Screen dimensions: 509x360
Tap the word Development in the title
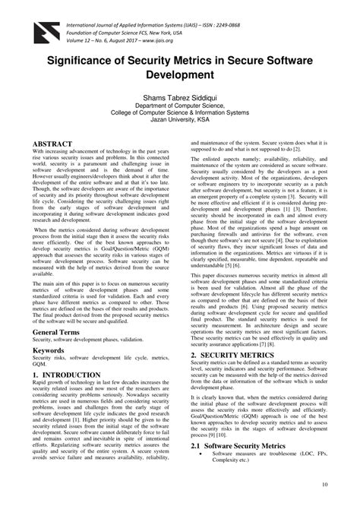pyautogui.click(x=179, y=76)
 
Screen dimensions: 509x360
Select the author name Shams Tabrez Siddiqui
pyautogui.click(x=180, y=99)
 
